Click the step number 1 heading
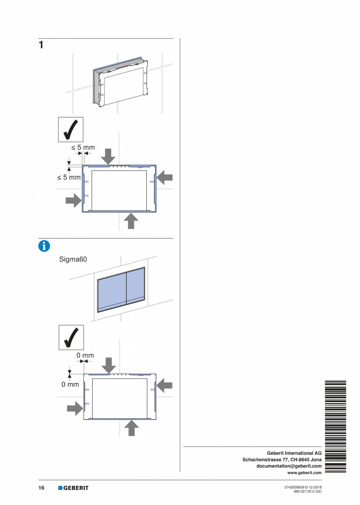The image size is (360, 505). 41,45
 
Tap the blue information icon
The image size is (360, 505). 44,246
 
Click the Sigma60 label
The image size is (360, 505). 73,259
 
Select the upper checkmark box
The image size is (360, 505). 71,129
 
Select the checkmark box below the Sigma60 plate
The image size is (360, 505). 71,337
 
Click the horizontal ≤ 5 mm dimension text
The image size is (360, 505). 83,148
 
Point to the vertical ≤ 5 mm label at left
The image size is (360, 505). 69,177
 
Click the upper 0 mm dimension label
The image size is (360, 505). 85,355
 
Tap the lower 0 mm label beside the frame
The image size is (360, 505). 70,384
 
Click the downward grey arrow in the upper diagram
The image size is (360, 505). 108,156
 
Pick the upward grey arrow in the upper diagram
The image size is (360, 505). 131,221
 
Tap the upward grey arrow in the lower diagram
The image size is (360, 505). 131,428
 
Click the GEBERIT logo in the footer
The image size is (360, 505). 73,488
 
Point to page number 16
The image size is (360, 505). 41,488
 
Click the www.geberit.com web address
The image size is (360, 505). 304,473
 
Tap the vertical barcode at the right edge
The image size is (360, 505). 336,426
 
